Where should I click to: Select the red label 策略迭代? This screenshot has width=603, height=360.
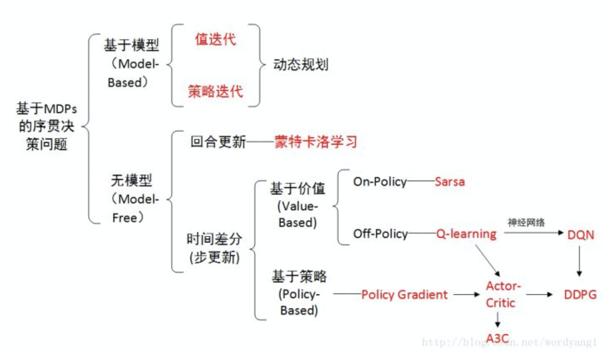pos(216,92)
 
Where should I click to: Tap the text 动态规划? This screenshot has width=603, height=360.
pos(300,65)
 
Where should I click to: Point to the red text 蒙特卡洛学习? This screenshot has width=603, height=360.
pos(316,142)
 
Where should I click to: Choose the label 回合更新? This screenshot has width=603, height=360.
pos(218,142)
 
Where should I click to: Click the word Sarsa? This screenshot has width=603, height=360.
pos(450,182)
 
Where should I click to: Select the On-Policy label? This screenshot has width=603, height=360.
pos(380,182)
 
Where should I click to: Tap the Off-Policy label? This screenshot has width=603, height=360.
pos(380,234)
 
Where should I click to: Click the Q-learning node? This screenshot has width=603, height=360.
pos(466,234)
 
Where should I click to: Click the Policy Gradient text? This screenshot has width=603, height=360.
pos(405,295)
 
